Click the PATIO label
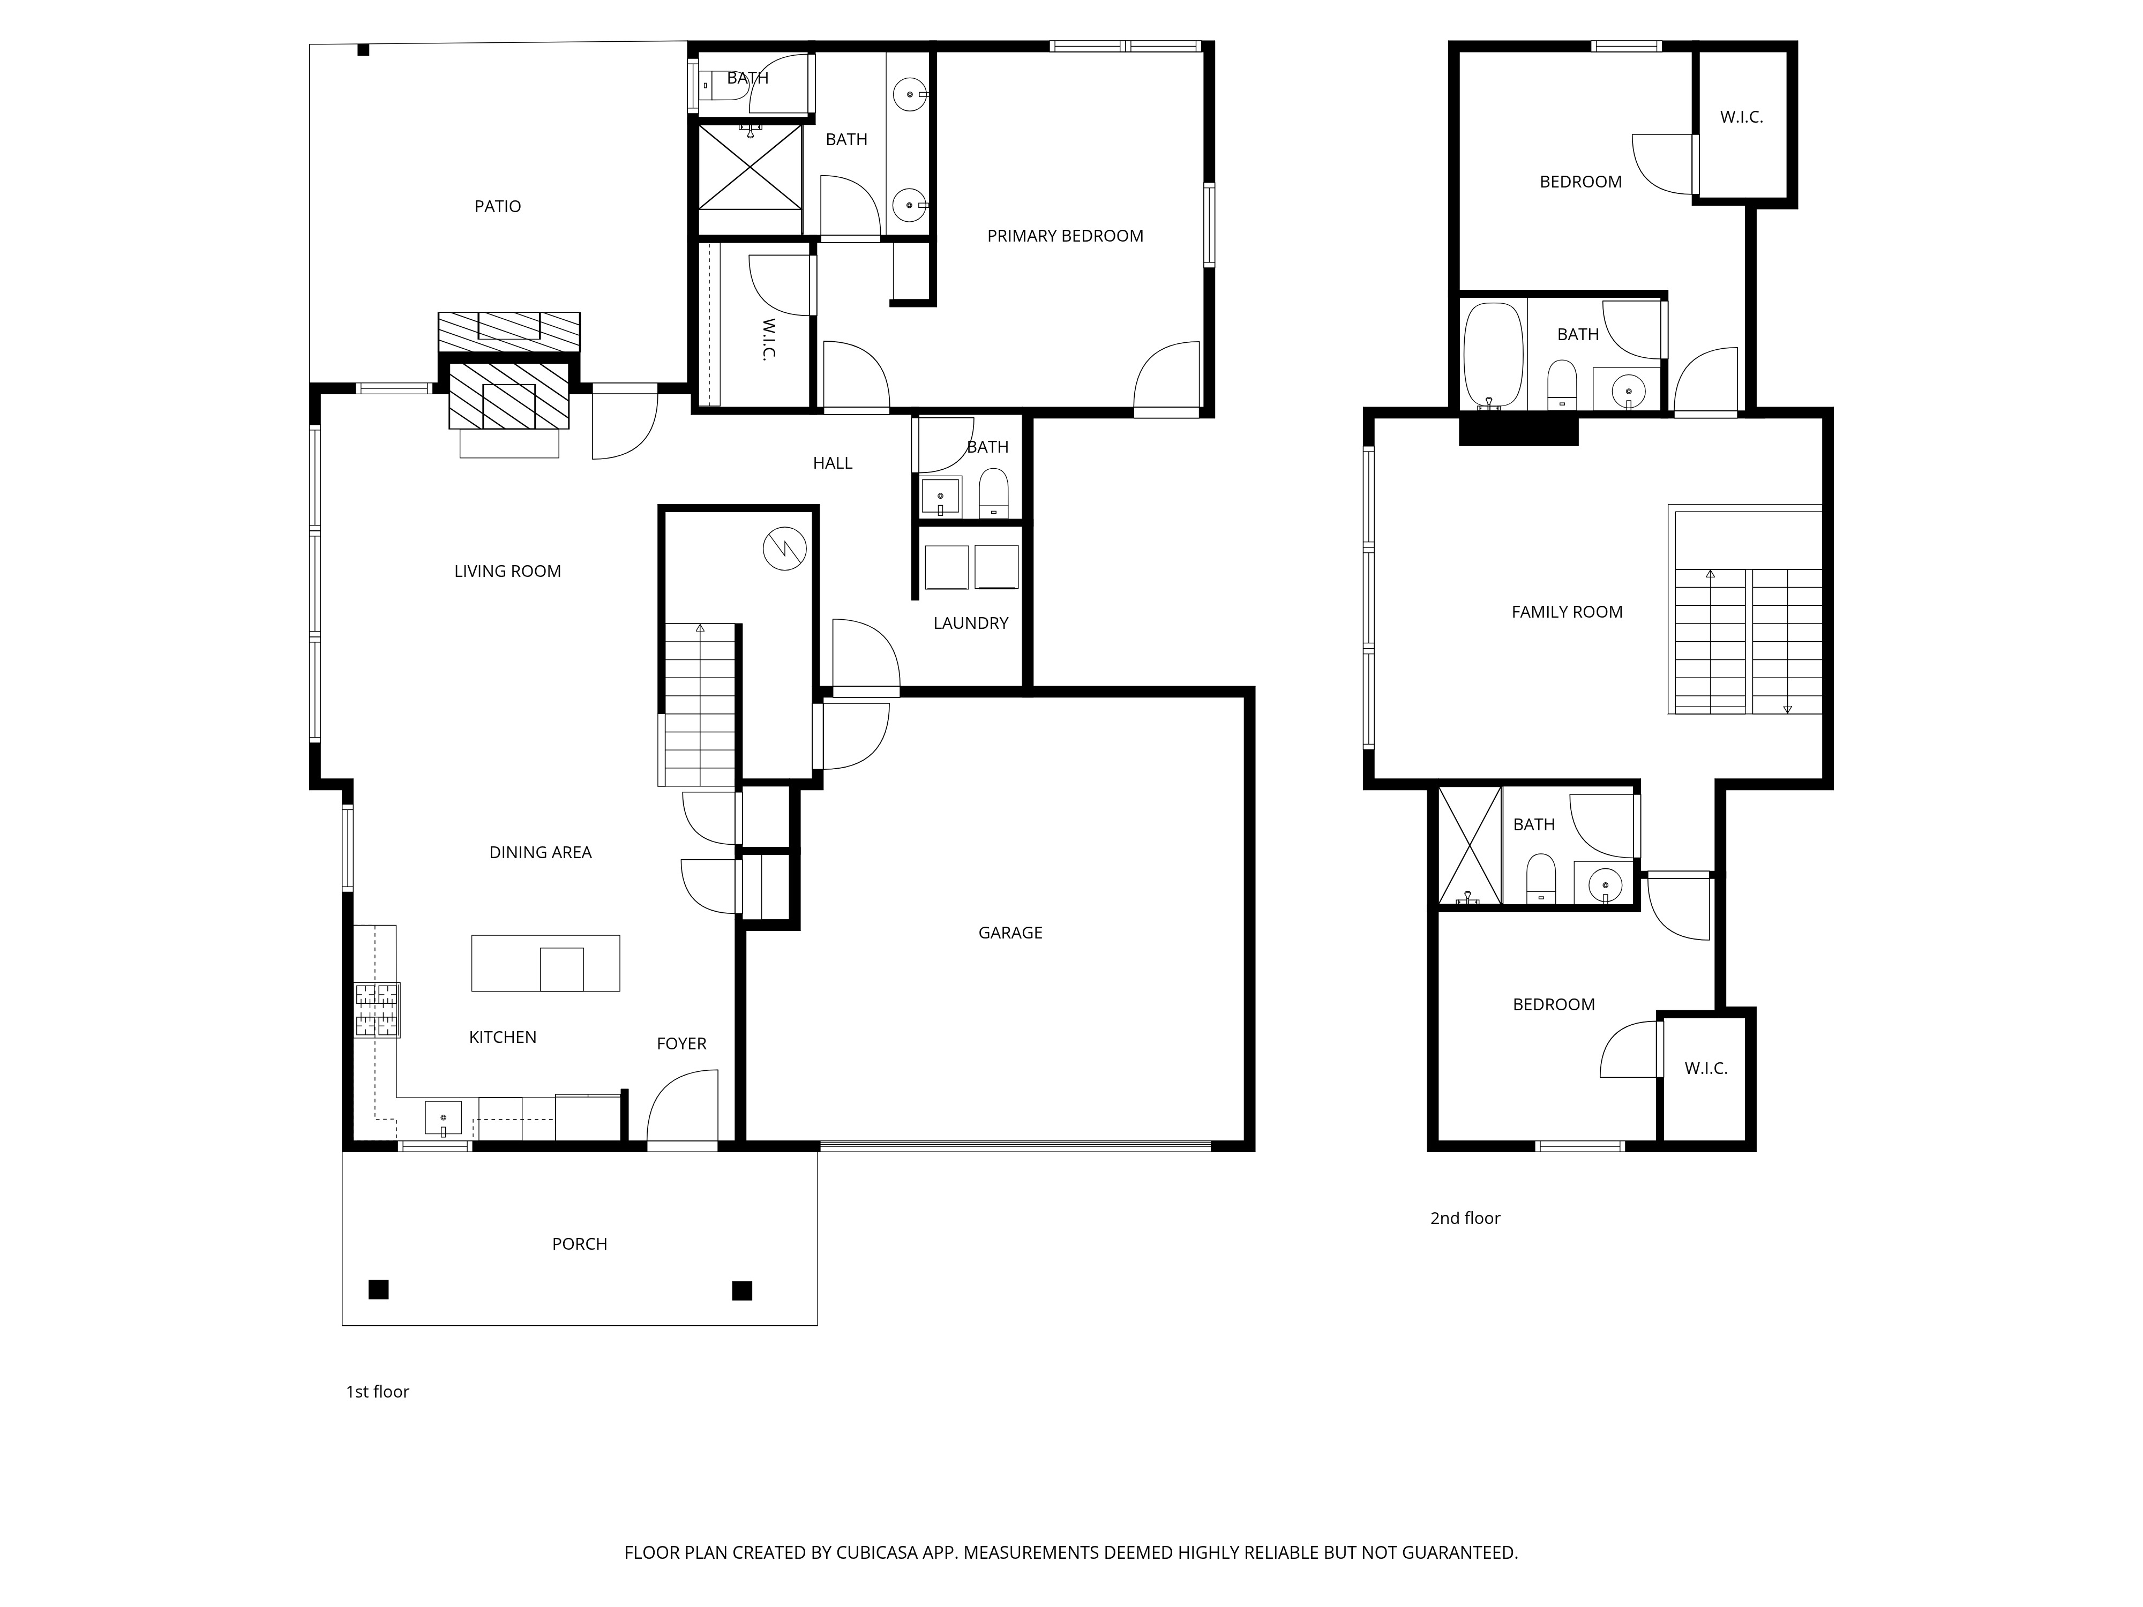pyautogui.click(x=497, y=206)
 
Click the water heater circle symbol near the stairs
pyautogui.click(x=785, y=549)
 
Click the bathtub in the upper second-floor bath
pyautogui.click(x=1493, y=355)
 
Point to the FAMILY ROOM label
pyautogui.click(x=1567, y=612)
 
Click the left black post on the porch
pyautogui.click(x=379, y=1289)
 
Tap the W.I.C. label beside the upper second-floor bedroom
pyautogui.click(x=1741, y=117)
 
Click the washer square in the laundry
pyautogui.click(x=947, y=567)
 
